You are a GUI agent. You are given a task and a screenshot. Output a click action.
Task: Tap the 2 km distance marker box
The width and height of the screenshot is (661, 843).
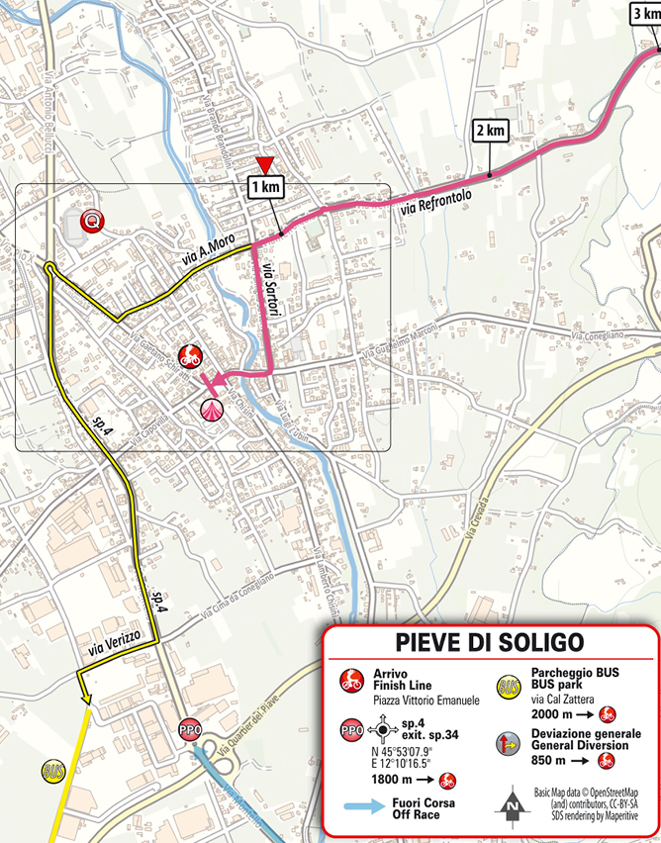click(x=492, y=131)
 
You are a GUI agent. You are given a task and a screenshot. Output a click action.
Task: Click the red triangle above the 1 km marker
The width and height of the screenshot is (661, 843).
click(x=262, y=164)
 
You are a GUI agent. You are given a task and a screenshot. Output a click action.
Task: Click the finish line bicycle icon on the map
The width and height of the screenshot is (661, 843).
click(x=188, y=356)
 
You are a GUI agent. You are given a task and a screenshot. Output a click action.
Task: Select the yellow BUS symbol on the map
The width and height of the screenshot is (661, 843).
click(x=52, y=769)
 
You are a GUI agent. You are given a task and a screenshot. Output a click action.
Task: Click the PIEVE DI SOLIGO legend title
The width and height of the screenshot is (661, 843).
click(x=490, y=643)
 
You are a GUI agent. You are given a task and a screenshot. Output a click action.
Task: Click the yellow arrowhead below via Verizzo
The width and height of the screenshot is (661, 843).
click(x=87, y=699)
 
